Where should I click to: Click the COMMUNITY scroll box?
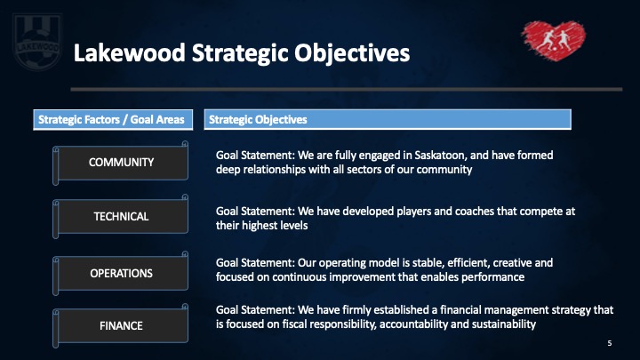click(121, 163)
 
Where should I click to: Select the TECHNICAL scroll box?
click(121, 216)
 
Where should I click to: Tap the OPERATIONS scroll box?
click(121, 273)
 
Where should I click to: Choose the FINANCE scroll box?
click(121, 325)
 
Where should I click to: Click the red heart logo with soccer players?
click(554, 40)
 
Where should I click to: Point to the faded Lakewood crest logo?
click(37, 42)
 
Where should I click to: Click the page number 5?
click(610, 343)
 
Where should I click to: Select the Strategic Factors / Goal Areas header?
click(113, 120)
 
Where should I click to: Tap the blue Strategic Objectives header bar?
click(388, 120)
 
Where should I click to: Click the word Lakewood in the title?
click(130, 53)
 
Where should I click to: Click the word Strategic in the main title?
click(239, 54)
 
